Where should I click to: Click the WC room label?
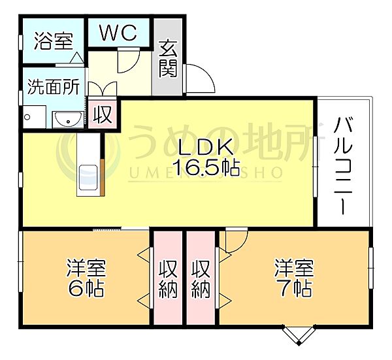[x=118, y=33]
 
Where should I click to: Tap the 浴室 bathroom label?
[x=54, y=41]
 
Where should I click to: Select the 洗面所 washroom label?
[x=54, y=86]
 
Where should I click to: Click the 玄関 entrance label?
[x=168, y=59]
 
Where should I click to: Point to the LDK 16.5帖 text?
[x=206, y=157]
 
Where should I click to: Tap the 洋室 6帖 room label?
[x=86, y=278]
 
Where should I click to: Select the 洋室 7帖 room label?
[x=294, y=278]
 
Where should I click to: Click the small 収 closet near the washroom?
[x=103, y=114]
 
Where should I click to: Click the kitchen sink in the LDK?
[x=88, y=178]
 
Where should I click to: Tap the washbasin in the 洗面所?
[x=68, y=120]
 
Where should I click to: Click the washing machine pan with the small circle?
[x=34, y=117]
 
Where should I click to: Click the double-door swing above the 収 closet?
[x=103, y=88]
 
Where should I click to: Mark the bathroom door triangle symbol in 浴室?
[x=76, y=58]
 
